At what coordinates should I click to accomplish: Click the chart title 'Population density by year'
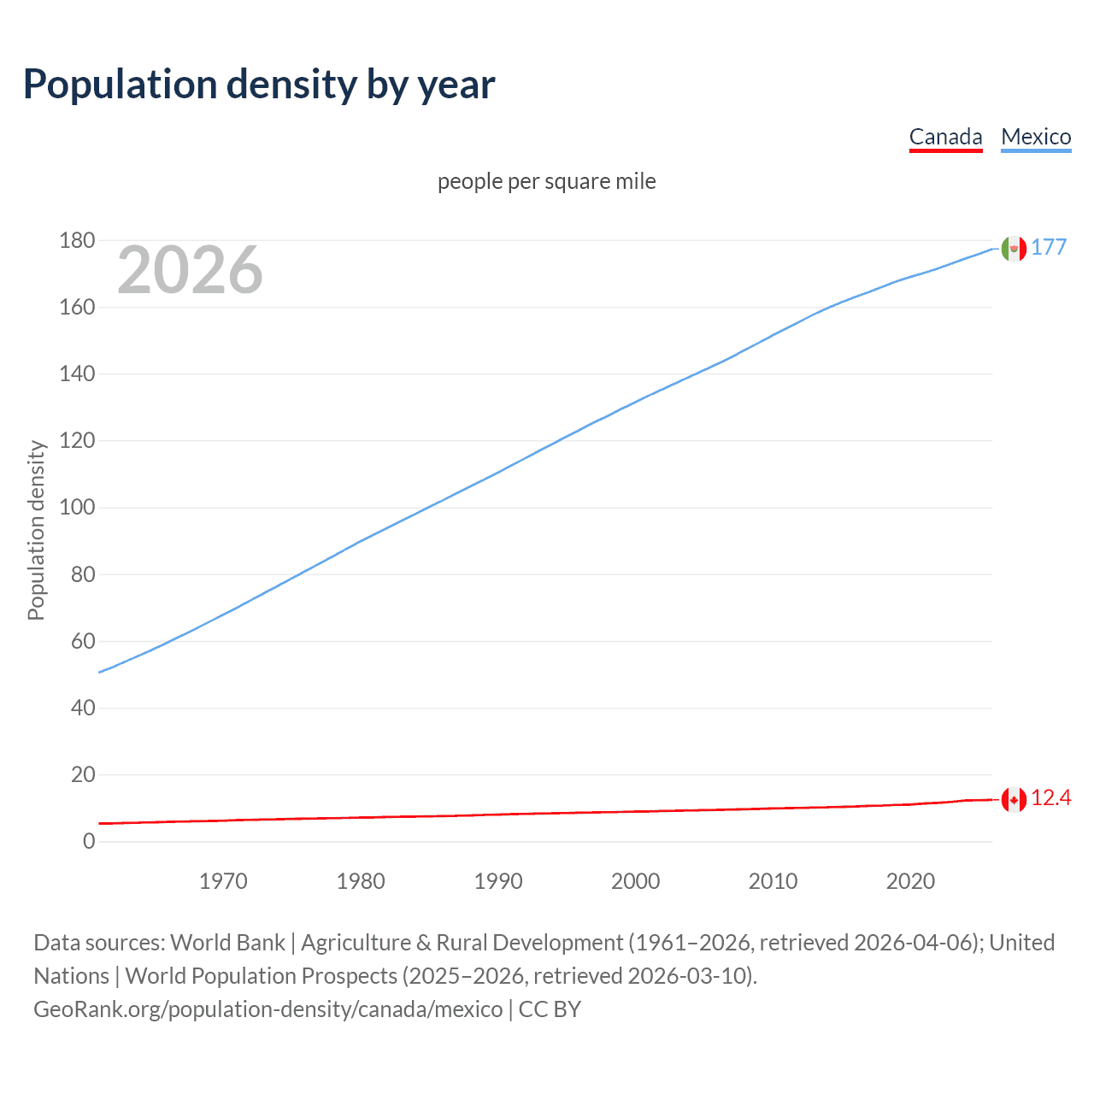[x=259, y=84]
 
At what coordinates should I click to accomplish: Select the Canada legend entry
[x=945, y=137]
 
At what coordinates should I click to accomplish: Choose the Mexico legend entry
[x=1036, y=137]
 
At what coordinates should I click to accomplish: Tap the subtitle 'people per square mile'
[x=547, y=181]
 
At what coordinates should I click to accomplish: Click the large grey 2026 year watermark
[x=190, y=270]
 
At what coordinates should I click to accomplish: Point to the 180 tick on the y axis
[x=77, y=240]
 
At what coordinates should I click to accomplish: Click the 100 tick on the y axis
[x=77, y=508]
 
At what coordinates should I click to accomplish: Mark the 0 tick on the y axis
[x=89, y=841]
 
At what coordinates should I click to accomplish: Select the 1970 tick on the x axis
[x=223, y=881]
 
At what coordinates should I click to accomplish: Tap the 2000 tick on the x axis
[x=635, y=881]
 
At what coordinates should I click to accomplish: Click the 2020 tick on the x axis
[x=910, y=881]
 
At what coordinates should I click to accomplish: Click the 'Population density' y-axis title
[x=36, y=530]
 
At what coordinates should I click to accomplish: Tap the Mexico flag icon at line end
[x=1014, y=249]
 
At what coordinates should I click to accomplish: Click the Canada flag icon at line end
[x=1014, y=800]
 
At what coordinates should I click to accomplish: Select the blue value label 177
[x=1049, y=247]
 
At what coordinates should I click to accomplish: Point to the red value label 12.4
[x=1050, y=798]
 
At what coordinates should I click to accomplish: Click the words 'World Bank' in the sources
[x=227, y=942]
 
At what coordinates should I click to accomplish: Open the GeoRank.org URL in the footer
[x=268, y=1009]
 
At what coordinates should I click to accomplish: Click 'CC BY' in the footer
[x=550, y=1009]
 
